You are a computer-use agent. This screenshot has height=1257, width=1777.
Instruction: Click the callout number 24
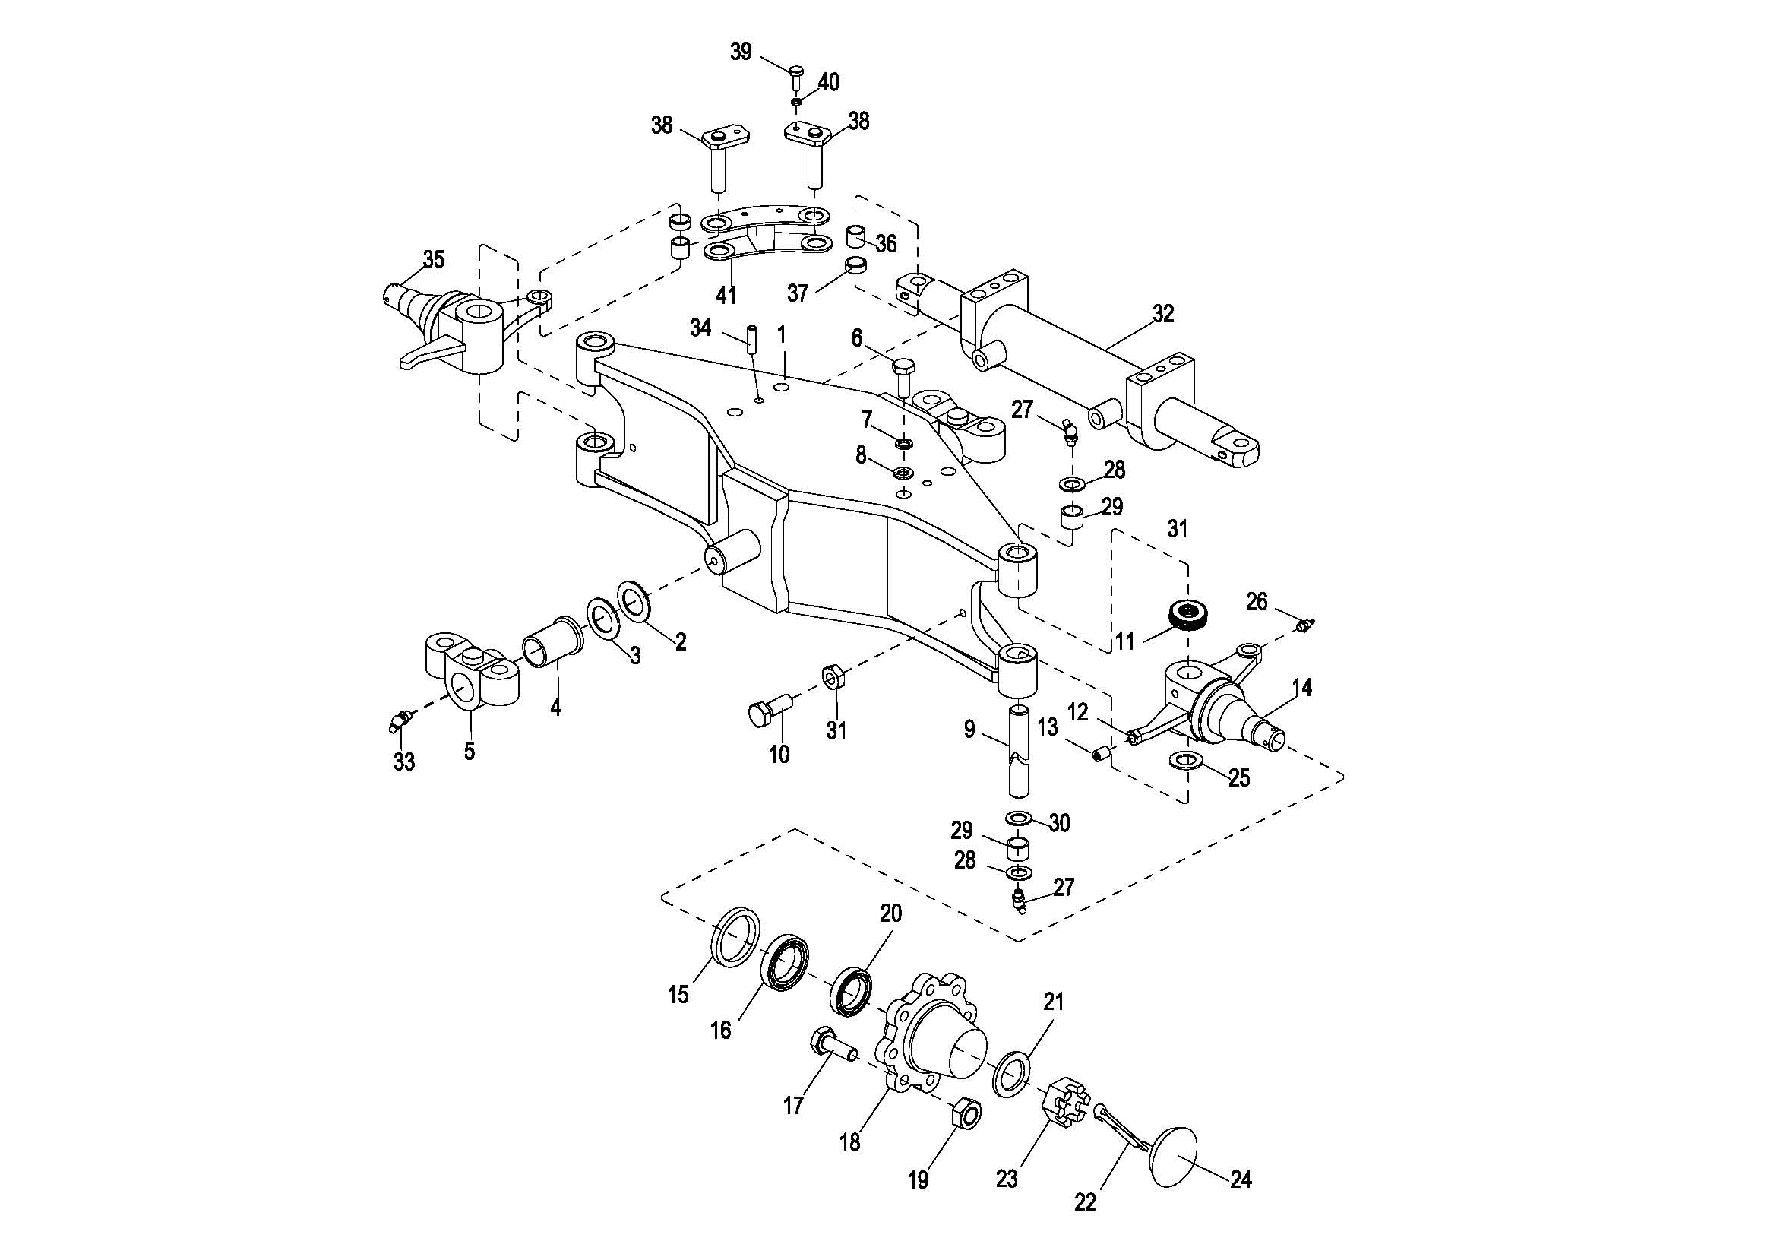(1241, 1179)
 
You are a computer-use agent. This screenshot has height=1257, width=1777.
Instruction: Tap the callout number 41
(726, 295)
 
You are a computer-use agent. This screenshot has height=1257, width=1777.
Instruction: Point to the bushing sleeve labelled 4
(549, 641)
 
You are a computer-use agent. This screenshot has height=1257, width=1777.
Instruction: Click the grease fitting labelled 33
(400, 720)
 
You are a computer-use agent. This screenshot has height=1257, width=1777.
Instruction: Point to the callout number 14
(1302, 686)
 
